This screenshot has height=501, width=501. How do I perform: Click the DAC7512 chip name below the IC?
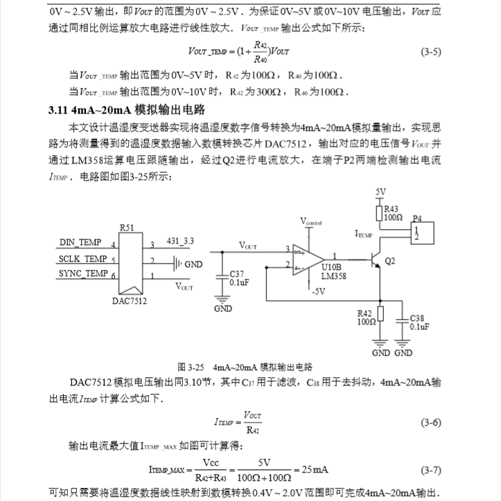click(x=130, y=301)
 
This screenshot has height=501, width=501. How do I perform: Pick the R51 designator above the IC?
click(x=127, y=227)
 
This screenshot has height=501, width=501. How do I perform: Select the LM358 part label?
click(x=335, y=275)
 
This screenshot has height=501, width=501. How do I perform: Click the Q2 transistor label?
click(x=389, y=260)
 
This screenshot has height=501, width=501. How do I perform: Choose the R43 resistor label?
click(x=392, y=208)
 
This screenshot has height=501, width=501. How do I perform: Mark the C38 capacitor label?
click(x=419, y=318)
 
